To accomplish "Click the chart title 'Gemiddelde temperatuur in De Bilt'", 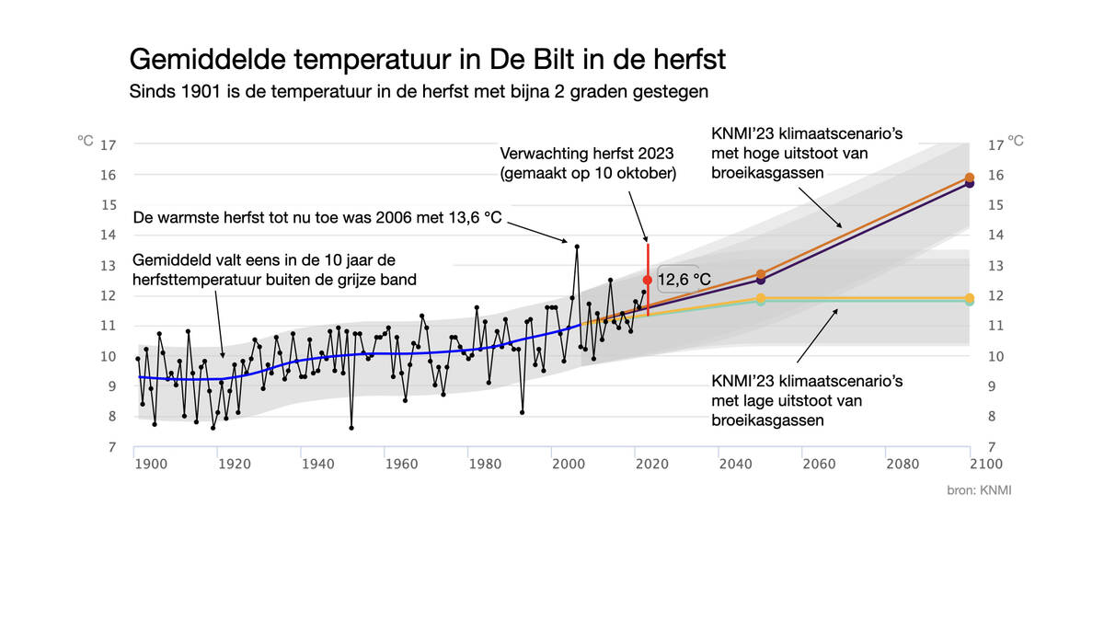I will click(428, 60).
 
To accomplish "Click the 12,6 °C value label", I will click(684, 279).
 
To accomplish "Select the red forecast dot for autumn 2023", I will click(648, 279).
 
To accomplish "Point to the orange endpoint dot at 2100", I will click(970, 177).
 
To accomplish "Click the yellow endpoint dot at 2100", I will click(970, 298).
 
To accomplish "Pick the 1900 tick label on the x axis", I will click(151, 464).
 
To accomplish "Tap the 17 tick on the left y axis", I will click(108, 144).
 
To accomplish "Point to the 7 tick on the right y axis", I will click(994, 447).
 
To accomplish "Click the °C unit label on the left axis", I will click(86, 141).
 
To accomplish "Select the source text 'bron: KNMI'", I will click(979, 490).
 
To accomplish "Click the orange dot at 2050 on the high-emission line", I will click(761, 274).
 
